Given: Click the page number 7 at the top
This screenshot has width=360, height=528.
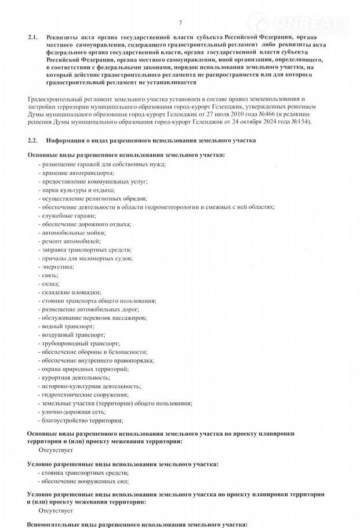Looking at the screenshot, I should [x=180, y=23].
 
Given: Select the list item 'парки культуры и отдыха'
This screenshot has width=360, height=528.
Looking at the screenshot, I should [x=72, y=189].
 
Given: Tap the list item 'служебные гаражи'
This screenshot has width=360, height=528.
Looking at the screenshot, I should [x=63, y=215].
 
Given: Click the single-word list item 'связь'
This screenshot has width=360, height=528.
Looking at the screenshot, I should [x=48, y=274].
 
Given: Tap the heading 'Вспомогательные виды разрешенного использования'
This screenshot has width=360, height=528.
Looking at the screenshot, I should [x=138, y=524].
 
